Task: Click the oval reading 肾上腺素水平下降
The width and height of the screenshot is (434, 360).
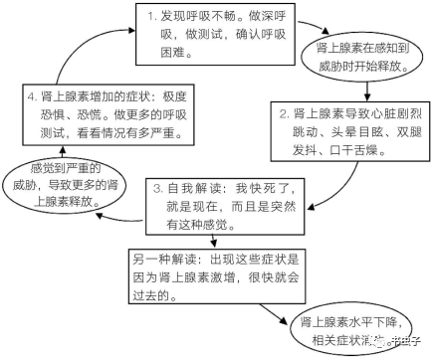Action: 343,329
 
